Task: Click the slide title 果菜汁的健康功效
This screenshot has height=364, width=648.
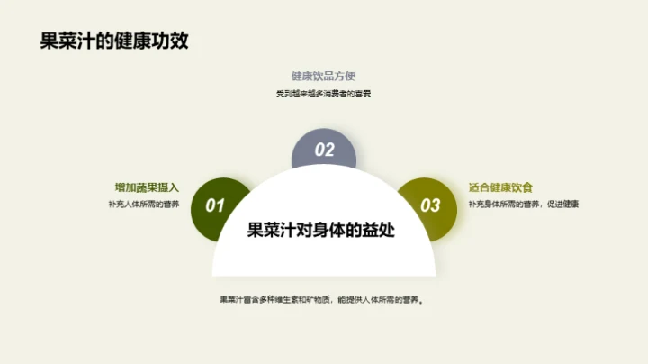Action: pos(108,41)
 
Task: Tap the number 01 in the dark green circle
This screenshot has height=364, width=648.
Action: pos(215,205)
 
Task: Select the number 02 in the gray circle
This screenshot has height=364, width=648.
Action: pos(325,150)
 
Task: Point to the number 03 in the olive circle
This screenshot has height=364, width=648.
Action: pos(431,205)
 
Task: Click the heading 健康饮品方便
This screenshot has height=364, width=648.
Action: pos(324,77)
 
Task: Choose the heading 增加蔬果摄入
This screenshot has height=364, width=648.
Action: pos(148,187)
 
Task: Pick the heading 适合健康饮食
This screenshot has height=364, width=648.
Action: pos(500,187)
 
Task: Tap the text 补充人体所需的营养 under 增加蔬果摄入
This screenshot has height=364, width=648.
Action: pos(144,205)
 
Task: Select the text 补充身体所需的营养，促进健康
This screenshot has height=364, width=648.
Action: pos(523,205)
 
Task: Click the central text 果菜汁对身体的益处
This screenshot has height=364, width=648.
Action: pos(323,230)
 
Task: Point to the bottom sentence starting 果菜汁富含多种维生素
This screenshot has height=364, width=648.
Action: pos(324,300)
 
